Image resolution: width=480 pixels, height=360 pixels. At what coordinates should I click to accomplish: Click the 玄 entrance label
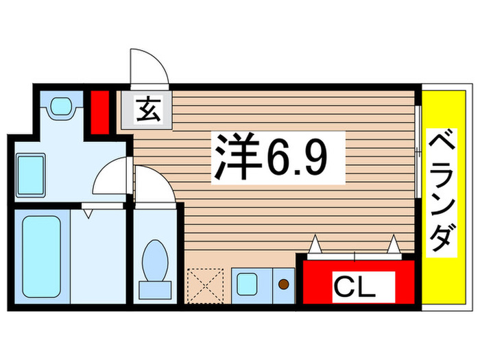[148, 110]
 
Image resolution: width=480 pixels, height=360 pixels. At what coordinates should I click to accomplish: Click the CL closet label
[355, 285]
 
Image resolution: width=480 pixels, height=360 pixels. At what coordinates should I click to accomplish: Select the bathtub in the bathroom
[41, 256]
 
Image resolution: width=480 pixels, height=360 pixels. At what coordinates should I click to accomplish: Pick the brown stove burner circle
[283, 282]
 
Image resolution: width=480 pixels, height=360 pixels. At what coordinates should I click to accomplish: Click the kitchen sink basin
[246, 283]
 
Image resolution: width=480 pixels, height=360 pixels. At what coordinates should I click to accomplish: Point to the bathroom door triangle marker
[88, 213]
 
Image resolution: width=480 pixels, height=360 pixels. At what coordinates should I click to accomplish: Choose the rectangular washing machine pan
[30, 173]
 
